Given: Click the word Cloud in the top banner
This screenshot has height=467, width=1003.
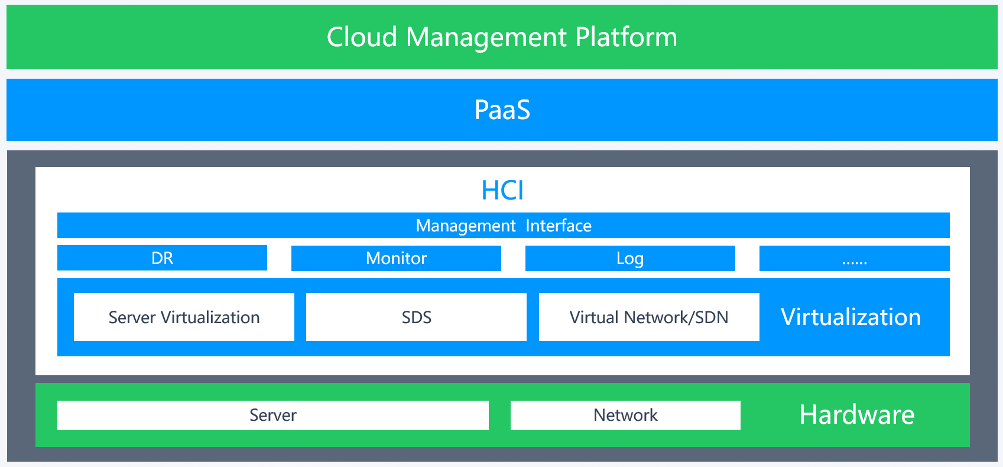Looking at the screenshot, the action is [362, 37].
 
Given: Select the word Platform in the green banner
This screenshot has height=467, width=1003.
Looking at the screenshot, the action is [626, 37].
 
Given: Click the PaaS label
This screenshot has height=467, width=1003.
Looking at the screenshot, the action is [502, 110].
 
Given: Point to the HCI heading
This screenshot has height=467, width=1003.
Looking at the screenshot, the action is [502, 190].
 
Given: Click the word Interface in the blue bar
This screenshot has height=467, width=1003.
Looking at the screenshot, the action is [559, 226].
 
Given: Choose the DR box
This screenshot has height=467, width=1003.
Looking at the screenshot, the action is [162, 258].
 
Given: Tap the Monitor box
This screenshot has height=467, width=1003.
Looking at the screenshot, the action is [396, 258].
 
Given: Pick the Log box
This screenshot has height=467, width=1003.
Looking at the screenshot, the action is [630, 258].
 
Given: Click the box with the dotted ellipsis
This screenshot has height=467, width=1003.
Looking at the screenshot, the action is [854, 258].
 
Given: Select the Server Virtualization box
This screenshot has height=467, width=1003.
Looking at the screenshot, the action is [184, 317].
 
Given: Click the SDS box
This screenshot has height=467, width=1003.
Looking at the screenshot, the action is [417, 317].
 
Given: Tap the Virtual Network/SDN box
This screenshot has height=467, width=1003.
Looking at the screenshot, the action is [649, 317].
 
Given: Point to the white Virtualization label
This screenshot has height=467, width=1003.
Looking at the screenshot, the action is [851, 317].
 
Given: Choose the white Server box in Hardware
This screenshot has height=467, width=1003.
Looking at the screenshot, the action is [272, 415].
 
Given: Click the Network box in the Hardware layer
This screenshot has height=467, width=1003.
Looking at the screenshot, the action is [625, 415].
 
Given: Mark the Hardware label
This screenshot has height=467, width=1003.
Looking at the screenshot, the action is [856, 414].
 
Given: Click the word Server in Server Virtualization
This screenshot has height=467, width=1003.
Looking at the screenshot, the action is [132, 318].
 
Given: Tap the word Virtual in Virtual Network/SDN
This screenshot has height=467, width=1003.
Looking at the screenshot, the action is [594, 318].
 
